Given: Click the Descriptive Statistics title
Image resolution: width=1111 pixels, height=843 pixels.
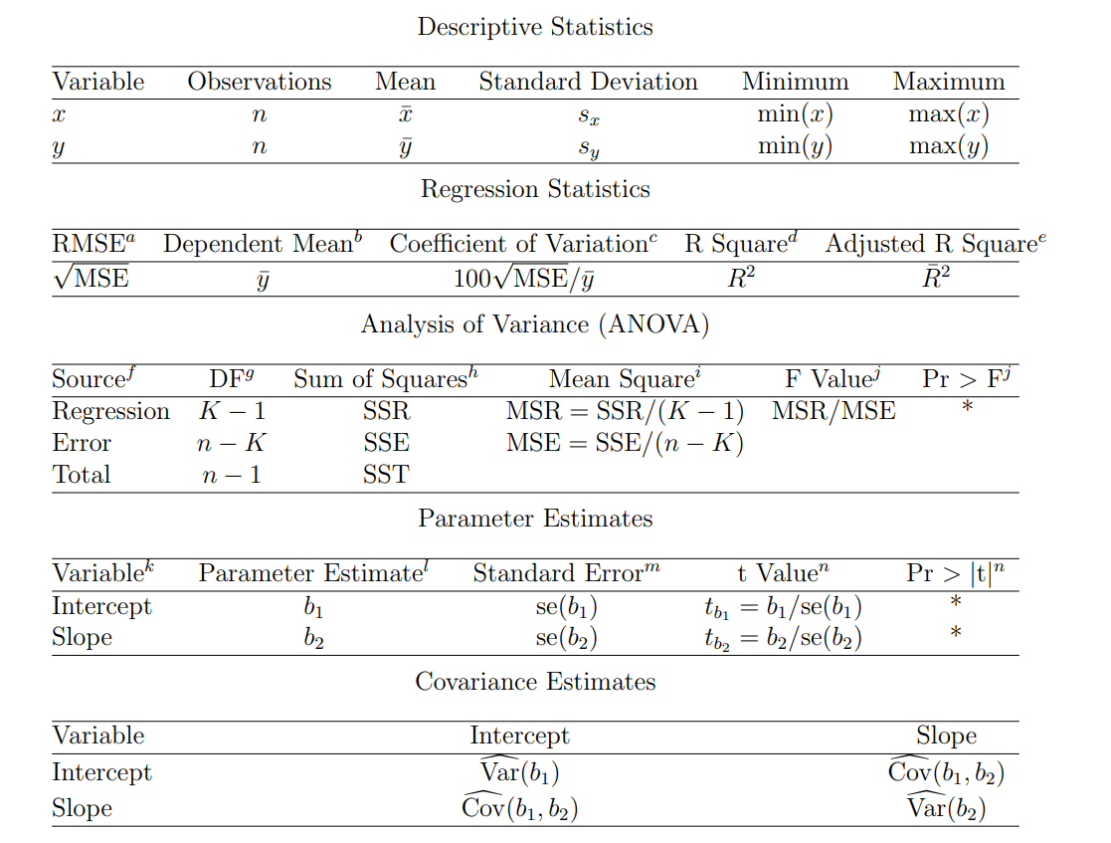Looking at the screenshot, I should (535, 27).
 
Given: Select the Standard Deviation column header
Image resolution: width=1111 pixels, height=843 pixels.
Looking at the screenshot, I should (588, 82).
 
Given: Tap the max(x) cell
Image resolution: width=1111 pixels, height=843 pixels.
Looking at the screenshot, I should (949, 114).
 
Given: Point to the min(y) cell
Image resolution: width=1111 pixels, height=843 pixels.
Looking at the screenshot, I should (795, 147).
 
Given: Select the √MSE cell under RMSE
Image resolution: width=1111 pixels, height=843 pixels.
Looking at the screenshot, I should (91, 278).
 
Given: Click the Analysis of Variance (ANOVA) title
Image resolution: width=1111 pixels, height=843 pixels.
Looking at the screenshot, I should (535, 324).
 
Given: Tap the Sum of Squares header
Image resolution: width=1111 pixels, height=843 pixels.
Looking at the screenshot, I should (386, 379).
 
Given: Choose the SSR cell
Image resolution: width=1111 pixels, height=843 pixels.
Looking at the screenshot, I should (386, 411).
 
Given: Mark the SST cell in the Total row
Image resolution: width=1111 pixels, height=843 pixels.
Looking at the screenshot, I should (386, 475).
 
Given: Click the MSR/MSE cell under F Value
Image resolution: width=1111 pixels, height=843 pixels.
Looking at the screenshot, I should (833, 411).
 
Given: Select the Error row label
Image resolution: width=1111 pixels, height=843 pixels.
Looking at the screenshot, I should (82, 443).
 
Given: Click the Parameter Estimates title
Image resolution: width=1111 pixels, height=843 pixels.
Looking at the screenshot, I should (535, 519).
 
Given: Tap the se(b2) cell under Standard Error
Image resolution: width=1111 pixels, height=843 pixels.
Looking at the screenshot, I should (566, 638).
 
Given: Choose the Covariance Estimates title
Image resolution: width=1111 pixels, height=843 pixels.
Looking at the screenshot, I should (535, 682).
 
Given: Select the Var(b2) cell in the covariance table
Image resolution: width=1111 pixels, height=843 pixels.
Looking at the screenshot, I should (946, 806).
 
